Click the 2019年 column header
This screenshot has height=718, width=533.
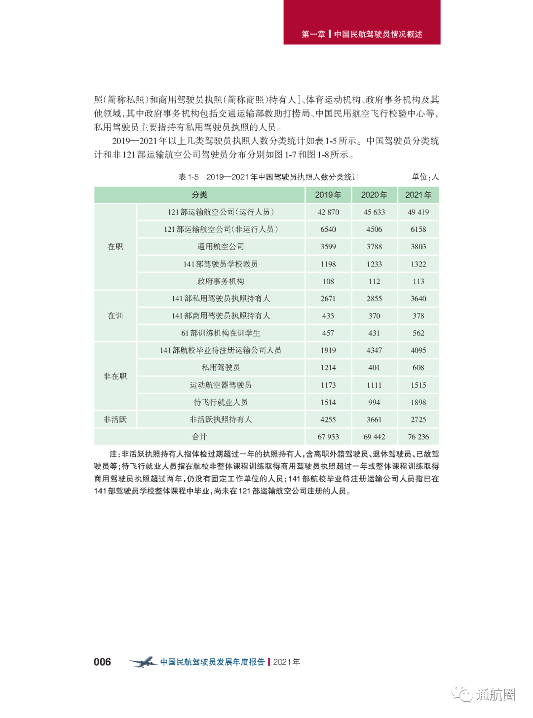(x=328, y=195)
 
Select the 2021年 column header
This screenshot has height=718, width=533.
(x=419, y=195)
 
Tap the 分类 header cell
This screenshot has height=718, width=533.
(x=199, y=195)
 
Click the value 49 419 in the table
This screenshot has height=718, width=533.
(x=419, y=212)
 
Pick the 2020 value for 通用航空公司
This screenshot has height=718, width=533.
(x=374, y=247)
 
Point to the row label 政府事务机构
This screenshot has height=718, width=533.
(x=221, y=281)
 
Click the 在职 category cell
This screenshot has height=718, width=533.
(x=115, y=247)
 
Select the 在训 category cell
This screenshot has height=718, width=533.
(x=115, y=316)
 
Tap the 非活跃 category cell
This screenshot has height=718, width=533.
(x=115, y=419)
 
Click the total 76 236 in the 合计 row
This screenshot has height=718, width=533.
(x=419, y=437)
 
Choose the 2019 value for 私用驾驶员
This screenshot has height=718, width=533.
(x=328, y=368)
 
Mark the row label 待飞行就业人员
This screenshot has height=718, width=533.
(x=221, y=402)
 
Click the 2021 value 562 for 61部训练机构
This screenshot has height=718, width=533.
(x=419, y=333)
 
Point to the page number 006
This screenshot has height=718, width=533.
(x=102, y=662)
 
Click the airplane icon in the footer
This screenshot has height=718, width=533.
(x=143, y=662)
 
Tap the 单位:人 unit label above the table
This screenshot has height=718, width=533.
(x=425, y=177)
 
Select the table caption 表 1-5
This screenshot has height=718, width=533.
(x=189, y=177)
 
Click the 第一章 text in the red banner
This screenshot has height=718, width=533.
(x=313, y=34)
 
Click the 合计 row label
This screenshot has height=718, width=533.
(x=199, y=437)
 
